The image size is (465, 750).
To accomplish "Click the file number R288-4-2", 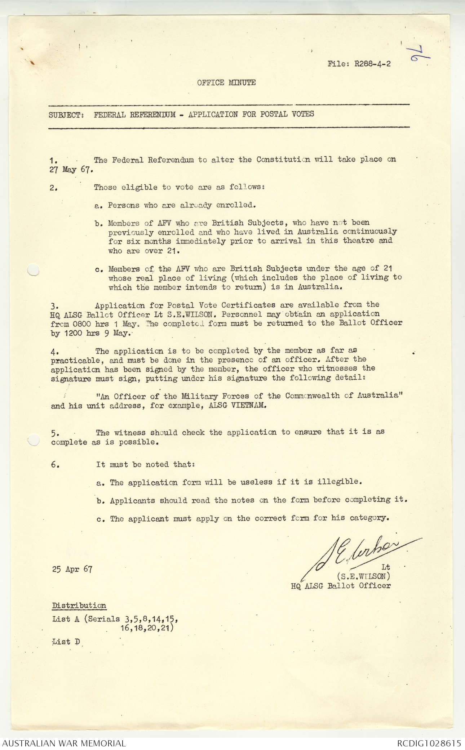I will (372, 64).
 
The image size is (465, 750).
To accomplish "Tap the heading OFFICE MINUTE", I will (226, 82).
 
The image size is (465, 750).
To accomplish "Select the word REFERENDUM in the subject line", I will (153, 115).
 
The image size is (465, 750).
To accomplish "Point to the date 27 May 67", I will (71, 169).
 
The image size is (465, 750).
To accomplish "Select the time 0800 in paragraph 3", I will (81, 324).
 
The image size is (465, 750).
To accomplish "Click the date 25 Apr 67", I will (72, 569).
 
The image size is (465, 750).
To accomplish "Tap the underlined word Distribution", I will (79, 606).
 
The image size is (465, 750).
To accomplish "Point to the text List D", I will (66, 642).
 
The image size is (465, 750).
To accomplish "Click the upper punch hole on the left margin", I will (33, 270).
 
